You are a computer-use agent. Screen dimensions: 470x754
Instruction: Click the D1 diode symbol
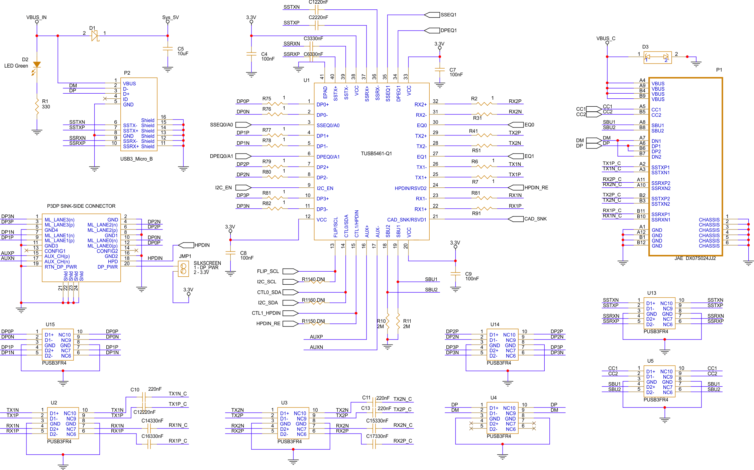[95, 35]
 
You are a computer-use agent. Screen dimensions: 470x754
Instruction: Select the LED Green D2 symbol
[37, 65]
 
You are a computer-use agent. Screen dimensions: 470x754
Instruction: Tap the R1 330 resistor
[37, 106]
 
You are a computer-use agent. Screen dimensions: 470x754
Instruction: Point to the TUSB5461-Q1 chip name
[376, 154]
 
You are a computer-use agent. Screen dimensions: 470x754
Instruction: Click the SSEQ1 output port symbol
[432, 15]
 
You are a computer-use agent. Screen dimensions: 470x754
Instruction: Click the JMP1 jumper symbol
[183, 269]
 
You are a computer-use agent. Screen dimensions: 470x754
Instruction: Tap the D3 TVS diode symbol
[657, 57]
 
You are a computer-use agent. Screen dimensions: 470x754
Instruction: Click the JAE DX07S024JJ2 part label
[695, 258]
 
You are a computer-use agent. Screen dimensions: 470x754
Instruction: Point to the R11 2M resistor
[398, 321]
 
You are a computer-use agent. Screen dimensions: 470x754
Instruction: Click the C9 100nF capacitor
[455, 274]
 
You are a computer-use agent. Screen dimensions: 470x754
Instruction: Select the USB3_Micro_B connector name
[136, 159]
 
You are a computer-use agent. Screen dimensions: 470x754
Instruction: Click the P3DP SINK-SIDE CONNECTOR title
[81, 206]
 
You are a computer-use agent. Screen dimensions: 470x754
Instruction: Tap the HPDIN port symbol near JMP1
[186, 245]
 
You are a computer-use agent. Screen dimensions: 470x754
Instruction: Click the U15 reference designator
[50, 324]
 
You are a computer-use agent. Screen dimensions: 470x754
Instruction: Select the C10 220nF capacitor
[144, 397]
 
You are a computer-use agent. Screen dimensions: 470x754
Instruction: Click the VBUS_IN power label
[36, 17]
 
